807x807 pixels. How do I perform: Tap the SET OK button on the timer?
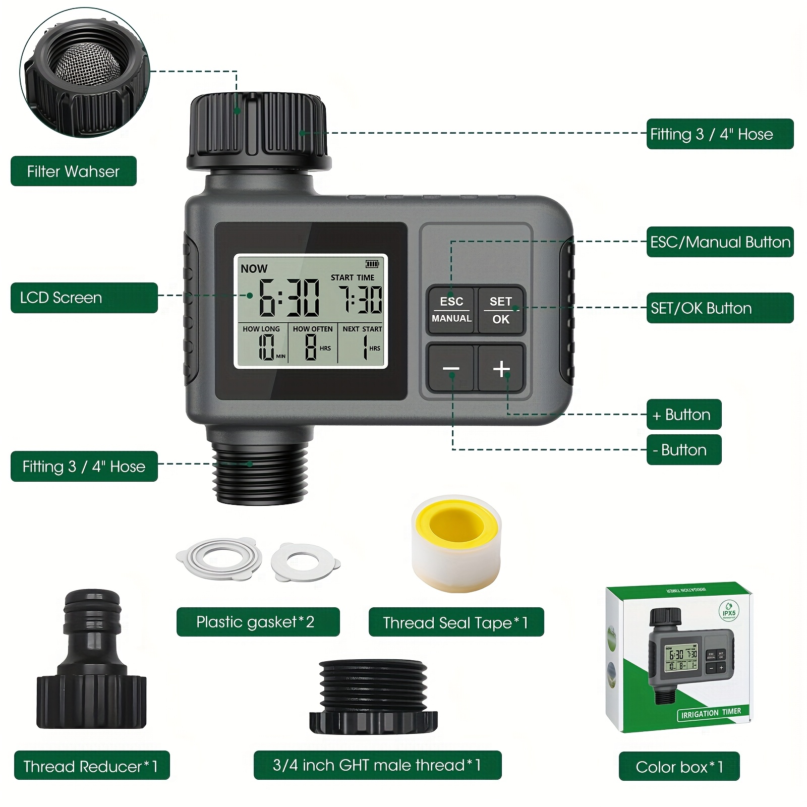point(501,310)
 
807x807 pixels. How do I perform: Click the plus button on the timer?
point(501,369)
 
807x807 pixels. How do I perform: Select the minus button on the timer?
point(451,369)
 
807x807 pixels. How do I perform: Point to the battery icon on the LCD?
point(372,263)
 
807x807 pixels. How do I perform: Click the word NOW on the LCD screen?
point(254,269)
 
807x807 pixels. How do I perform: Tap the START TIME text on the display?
point(353,277)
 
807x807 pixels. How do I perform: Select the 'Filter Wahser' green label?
point(74,171)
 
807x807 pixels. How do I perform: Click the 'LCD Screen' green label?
point(84,298)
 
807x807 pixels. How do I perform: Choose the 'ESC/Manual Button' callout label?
point(720,242)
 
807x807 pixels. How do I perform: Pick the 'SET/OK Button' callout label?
point(720,308)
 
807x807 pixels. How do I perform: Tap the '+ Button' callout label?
point(684,415)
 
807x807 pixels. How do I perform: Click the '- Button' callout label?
point(684,449)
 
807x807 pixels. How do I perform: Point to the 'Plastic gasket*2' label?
point(258,622)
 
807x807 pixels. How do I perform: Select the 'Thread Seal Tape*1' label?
point(456,622)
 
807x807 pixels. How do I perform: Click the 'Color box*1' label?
point(679,767)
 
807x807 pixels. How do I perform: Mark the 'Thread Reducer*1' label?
point(92,766)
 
